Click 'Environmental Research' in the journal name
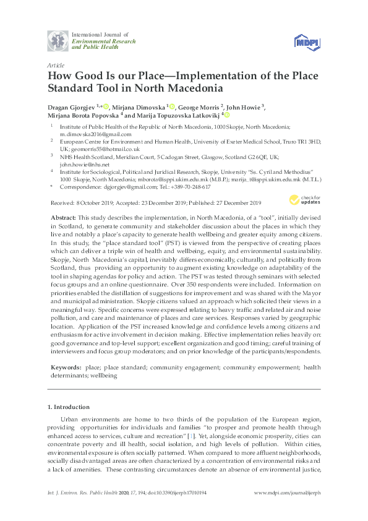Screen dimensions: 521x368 click(101, 41)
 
